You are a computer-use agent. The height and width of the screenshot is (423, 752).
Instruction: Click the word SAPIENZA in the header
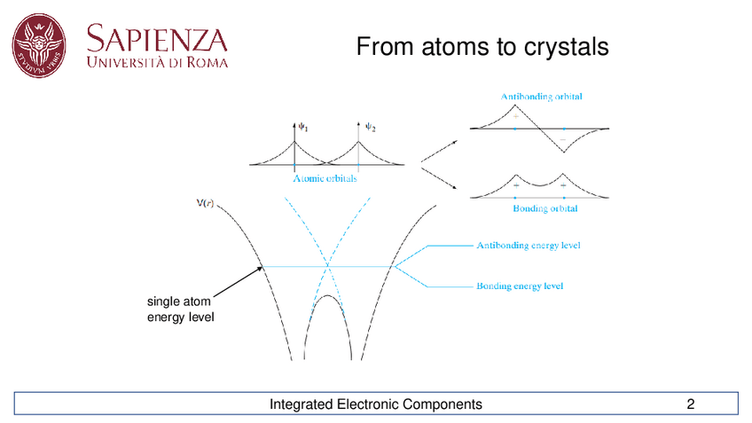point(157,38)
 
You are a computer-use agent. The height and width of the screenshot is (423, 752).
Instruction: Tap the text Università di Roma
point(157,63)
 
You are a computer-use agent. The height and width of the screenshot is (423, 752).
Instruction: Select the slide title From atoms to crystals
point(482,47)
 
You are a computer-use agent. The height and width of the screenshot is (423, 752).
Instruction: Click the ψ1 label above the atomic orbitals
point(302,128)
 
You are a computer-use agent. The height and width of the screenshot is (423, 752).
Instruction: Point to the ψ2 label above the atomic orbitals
point(371,128)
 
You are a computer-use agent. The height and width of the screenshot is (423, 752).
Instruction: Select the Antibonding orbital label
point(541,96)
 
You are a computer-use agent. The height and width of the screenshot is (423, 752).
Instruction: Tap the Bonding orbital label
point(544,209)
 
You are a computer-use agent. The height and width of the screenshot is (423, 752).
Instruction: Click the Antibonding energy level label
point(529,245)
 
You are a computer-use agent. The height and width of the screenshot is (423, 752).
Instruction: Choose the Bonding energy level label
point(520,286)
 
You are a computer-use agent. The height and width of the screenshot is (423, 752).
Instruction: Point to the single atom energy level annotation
point(179,310)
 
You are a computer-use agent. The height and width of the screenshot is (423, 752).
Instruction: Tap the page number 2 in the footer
point(690,405)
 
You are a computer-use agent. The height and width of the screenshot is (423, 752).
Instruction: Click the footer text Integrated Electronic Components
point(376,405)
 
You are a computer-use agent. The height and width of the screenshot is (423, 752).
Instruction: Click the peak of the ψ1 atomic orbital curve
point(294,140)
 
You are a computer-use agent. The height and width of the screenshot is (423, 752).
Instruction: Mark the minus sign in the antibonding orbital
point(562,140)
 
